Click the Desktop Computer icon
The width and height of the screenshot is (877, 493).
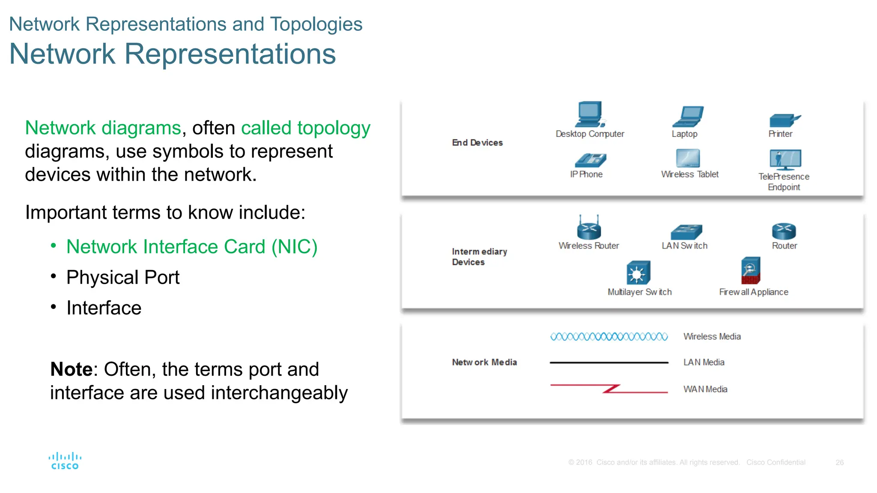pos(590,114)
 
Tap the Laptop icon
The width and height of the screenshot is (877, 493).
pos(688,117)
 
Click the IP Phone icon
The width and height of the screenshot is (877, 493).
pos(590,160)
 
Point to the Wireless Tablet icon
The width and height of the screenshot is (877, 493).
pos(688,158)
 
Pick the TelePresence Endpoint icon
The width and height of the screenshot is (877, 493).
pos(785,160)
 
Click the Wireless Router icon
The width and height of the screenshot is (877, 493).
pos(589,228)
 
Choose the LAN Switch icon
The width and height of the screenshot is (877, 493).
pos(686,232)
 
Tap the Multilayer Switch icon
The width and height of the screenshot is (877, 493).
pos(638,273)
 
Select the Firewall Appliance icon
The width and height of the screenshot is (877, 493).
pos(751,270)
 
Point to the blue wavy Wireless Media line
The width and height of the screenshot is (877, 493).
pos(609,337)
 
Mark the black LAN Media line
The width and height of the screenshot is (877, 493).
pos(609,362)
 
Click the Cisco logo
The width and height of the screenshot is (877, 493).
pos(65,461)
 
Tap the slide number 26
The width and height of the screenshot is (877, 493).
pos(839,463)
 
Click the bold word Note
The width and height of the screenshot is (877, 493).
pos(71,369)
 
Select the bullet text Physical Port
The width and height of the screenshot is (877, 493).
pos(123,277)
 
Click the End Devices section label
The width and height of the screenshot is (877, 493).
pos(477,143)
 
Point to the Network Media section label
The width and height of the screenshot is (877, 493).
pos(484,362)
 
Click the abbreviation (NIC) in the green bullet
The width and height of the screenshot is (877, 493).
pos(294,247)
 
